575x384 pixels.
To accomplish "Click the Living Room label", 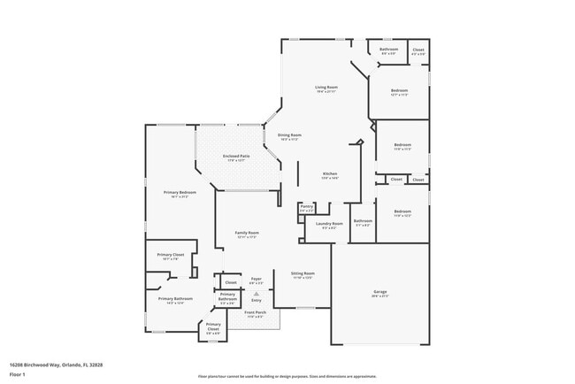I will pyautogui.click(x=326, y=88).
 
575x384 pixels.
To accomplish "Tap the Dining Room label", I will pyautogui.click(x=290, y=135).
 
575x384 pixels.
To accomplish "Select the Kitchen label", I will pyautogui.click(x=329, y=173).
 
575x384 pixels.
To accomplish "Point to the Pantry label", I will pyautogui.click(x=306, y=208).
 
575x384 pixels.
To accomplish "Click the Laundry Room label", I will pyautogui.click(x=329, y=225).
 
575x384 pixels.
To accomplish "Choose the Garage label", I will pyautogui.click(x=379, y=292).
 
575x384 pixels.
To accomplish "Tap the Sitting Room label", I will pyautogui.click(x=303, y=273).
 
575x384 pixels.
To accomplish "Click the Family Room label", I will pyautogui.click(x=246, y=234).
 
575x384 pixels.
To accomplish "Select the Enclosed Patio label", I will pyautogui.click(x=238, y=157).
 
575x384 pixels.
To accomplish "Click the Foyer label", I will pyautogui.click(x=256, y=280).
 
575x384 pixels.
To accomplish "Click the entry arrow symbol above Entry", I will pyautogui.click(x=257, y=293).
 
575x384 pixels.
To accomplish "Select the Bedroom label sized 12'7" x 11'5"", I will pyautogui.click(x=401, y=91).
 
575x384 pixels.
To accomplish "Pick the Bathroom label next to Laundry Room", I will pyautogui.click(x=364, y=221).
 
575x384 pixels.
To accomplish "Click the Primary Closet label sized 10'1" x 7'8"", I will pyautogui.click(x=171, y=255).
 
